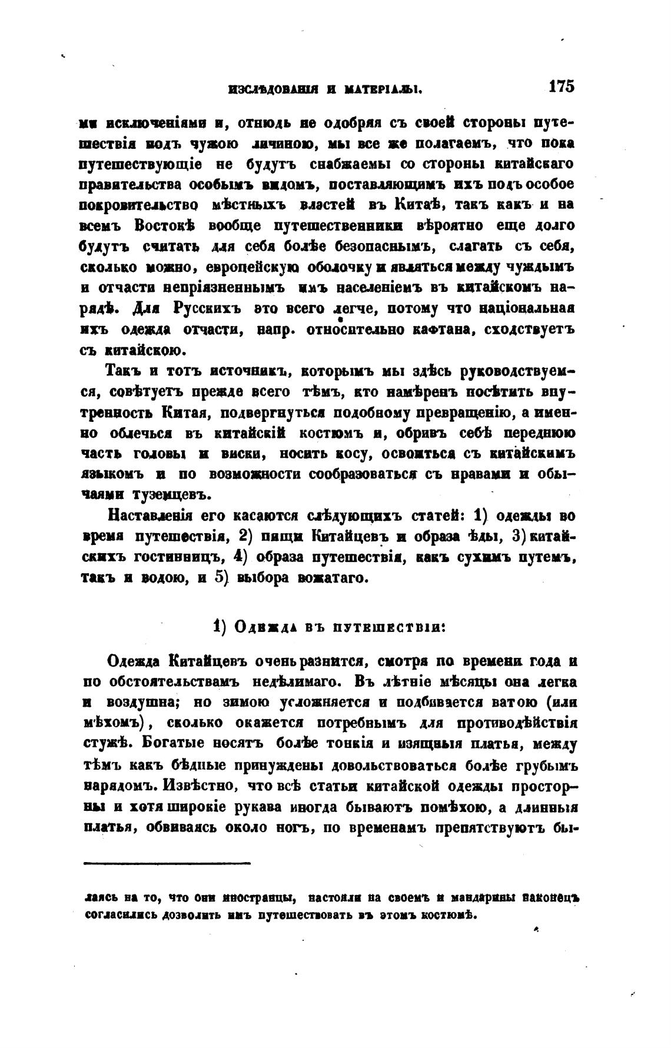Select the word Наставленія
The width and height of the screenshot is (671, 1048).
click(x=150, y=516)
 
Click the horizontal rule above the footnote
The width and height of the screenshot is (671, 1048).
click(x=167, y=863)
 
